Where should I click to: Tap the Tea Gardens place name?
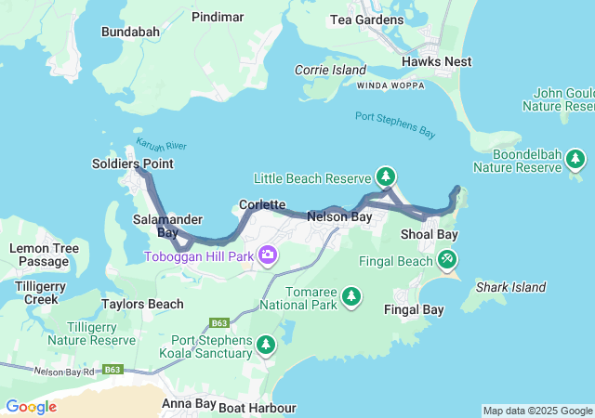367,20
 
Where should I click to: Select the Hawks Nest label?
436,61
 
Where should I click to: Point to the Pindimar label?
217,17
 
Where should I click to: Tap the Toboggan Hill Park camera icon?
268,255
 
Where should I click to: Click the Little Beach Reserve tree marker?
386,176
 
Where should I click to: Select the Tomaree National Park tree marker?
350,296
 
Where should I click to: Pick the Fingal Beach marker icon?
448,259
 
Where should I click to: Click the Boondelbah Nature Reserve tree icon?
575,159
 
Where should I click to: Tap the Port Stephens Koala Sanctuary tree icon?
266,346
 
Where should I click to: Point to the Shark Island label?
510,287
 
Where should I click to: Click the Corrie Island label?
330,70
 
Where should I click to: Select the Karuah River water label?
162,145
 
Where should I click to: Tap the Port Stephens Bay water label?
395,124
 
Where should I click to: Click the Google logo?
31,407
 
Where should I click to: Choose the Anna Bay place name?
189,404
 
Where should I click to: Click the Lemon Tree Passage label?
38,255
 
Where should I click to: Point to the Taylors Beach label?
142,304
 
